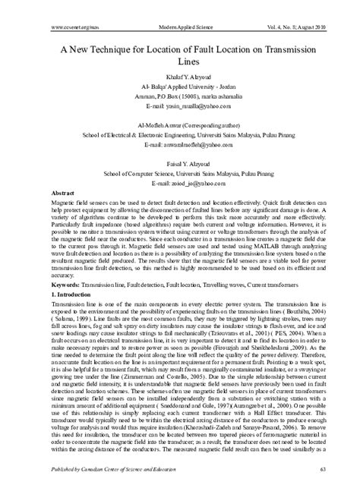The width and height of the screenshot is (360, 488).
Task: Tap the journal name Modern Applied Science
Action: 180,26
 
